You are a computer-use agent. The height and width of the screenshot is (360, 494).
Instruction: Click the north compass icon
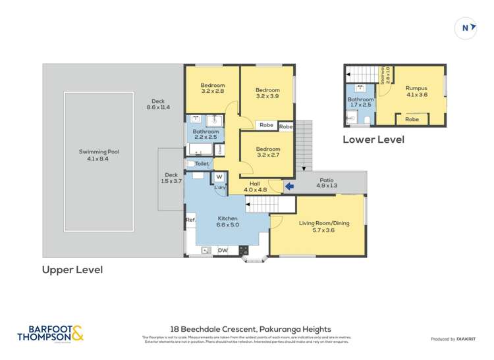pyautogui.click(x=466, y=28)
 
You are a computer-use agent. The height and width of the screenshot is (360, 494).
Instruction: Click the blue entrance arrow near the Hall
pyautogui.click(x=288, y=187)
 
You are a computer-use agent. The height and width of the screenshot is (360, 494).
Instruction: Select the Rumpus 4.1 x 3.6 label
pyautogui.click(x=416, y=91)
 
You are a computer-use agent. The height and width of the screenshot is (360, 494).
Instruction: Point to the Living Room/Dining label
pyautogui.click(x=324, y=226)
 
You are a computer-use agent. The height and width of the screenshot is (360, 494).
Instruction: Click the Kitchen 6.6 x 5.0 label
pyautogui.click(x=228, y=221)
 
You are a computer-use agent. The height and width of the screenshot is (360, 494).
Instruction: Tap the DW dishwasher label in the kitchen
pyautogui.click(x=223, y=250)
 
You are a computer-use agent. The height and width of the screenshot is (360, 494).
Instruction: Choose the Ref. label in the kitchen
pyautogui.click(x=190, y=219)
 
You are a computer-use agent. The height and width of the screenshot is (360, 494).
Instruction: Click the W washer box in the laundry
pyautogui.click(x=219, y=176)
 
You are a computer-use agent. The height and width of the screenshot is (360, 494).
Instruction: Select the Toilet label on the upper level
pyautogui.click(x=202, y=163)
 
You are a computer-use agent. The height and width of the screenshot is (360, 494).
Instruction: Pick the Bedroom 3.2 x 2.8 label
pyautogui.click(x=212, y=88)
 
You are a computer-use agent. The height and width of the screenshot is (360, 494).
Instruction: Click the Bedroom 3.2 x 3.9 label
pyautogui.click(x=267, y=93)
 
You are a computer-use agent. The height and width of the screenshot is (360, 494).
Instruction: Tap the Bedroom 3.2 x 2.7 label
pyautogui.click(x=267, y=152)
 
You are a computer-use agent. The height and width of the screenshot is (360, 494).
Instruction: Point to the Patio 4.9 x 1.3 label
pyautogui.click(x=327, y=182)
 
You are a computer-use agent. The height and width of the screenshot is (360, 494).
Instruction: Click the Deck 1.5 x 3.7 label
pyautogui.click(x=172, y=178)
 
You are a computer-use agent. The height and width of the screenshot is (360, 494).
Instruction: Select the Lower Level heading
pyautogui.click(x=373, y=140)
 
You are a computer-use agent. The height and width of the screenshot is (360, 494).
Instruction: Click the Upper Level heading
pyautogui.click(x=72, y=270)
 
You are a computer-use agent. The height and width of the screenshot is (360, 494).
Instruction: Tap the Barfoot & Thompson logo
pyautogui.click(x=51, y=333)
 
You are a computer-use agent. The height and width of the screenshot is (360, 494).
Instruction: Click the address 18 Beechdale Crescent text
pyautogui.click(x=250, y=329)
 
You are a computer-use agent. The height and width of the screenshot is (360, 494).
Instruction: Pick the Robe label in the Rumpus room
pyautogui.click(x=412, y=119)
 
